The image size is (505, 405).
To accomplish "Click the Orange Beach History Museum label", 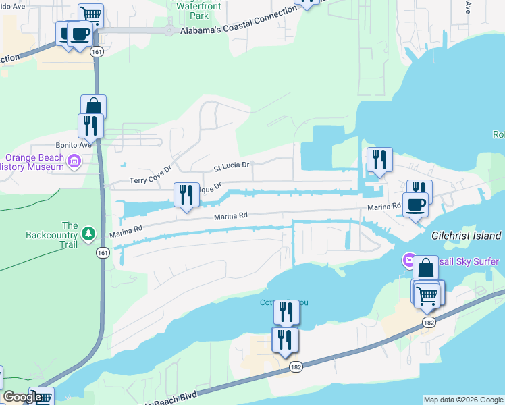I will coord(32,163).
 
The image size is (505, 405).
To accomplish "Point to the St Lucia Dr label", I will coord(232,165).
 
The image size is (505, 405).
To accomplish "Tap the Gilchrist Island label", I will coord(466,236).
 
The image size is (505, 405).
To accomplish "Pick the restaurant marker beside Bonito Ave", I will coord(90,126).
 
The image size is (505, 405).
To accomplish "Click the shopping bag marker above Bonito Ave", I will coord(93,107).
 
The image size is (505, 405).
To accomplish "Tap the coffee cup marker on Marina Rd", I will coord(415,204).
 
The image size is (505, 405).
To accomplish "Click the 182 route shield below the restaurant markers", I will coord(296,367).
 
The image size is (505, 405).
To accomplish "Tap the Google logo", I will coord(22,397).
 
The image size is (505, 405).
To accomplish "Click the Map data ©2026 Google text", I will coord(462,400).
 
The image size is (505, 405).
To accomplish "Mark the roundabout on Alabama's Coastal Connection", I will coord(168,30).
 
